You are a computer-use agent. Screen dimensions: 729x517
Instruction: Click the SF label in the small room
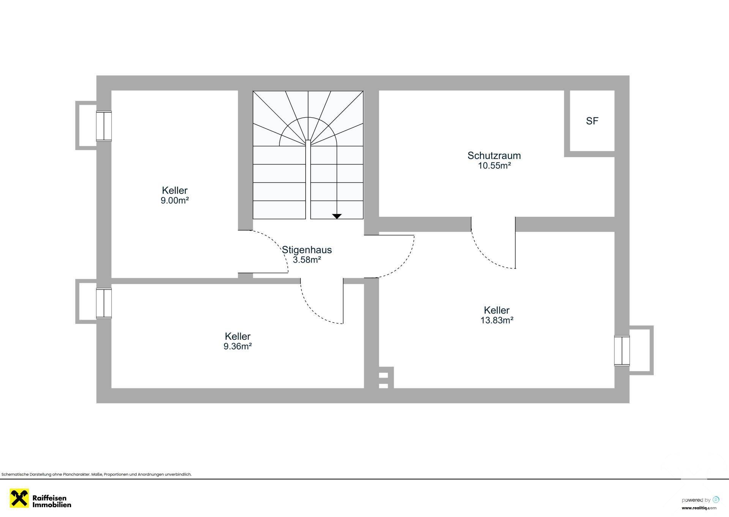[x=592, y=121]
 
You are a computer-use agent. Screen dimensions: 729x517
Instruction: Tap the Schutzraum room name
[x=494, y=155]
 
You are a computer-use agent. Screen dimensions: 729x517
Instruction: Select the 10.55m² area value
[x=494, y=166]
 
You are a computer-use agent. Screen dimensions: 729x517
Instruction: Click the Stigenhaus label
[x=307, y=250]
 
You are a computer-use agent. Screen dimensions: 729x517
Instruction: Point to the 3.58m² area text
[x=307, y=260]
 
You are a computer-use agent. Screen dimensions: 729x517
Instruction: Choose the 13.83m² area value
[x=497, y=320]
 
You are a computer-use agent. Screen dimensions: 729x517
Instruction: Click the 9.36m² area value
[x=238, y=346]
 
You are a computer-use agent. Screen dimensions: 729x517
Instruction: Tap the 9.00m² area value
[x=175, y=200]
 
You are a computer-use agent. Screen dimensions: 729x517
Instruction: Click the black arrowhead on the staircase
[x=337, y=216]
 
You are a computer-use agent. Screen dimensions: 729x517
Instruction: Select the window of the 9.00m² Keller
[x=104, y=126]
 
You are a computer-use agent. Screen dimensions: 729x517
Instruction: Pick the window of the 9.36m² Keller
[x=104, y=303]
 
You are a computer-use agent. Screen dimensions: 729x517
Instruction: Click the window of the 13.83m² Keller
[x=622, y=351]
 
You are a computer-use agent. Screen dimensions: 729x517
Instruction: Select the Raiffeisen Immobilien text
[x=52, y=501]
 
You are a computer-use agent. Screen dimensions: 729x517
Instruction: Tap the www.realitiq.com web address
[x=699, y=508]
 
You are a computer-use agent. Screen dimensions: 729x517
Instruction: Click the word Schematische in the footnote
[x=14, y=474]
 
